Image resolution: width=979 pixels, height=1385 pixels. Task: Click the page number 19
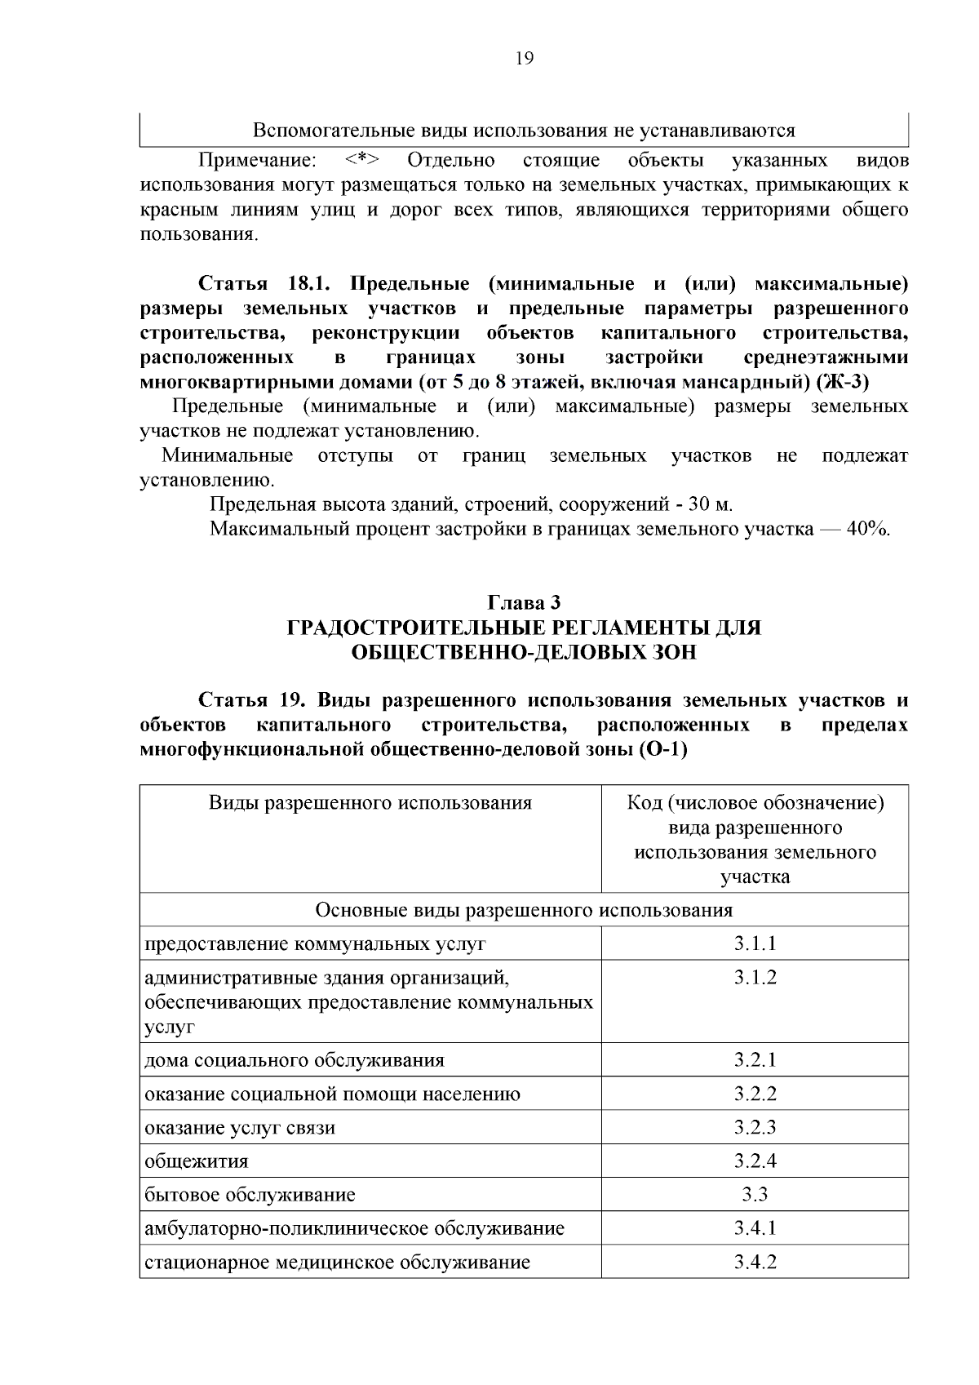point(524,59)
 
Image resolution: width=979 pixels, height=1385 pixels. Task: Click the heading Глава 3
point(524,603)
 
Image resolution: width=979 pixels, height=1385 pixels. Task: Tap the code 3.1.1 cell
point(755,943)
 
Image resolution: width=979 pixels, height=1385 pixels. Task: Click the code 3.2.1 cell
point(755,1060)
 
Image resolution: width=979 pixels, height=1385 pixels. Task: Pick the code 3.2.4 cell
point(755,1161)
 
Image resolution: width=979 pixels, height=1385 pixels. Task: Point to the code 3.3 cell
point(755,1195)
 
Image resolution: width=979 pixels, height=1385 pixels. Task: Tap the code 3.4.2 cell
point(755,1262)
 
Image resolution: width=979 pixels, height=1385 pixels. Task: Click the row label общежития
point(197,1161)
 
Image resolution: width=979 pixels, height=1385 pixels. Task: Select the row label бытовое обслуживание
point(250,1195)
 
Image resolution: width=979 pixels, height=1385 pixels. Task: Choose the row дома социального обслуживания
point(295,1060)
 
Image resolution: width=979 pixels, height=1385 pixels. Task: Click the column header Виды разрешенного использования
point(370,803)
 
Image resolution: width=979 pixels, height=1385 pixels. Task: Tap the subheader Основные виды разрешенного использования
point(524,910)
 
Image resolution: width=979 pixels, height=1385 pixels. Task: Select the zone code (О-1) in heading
point(661,749)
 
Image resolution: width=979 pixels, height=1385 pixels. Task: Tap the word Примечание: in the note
point(258,160)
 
